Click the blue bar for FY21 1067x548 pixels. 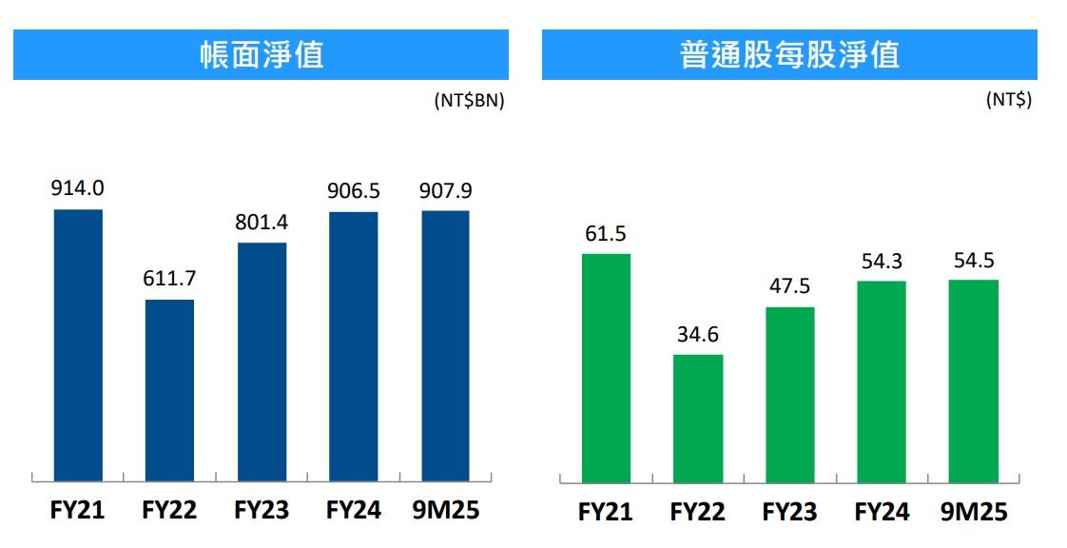click(x=78, y=344)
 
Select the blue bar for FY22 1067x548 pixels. click(x=169, y=390)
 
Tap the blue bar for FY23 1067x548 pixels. click(x=262, y=362)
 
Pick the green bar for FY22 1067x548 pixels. click(x=698, y=418)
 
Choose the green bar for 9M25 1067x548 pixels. click(x=974, y=381)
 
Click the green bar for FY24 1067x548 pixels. click(x=882, y=382)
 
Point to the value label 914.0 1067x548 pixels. click(x=78, y=188)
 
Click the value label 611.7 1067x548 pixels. click(x=169, y=280)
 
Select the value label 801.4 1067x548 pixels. click(x=262, y=223)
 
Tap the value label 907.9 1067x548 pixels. click(x=445, y=190)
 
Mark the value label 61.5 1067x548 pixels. click(x=606, y=234)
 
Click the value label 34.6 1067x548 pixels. click(x=698, y=335)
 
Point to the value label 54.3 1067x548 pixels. click(x=882, y=262)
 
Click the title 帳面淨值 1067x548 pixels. click(x=261, y=54)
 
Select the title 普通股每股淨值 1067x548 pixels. click(x=789, y=54)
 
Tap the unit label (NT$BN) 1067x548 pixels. click(x=469, y=100)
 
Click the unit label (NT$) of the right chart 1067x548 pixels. click(x=1009, y=100)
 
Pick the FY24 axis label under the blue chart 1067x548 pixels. click(x=354, y=510)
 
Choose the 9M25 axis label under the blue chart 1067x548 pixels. click(x=445, y=510)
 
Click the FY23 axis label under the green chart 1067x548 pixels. click(x=789, y=512)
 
